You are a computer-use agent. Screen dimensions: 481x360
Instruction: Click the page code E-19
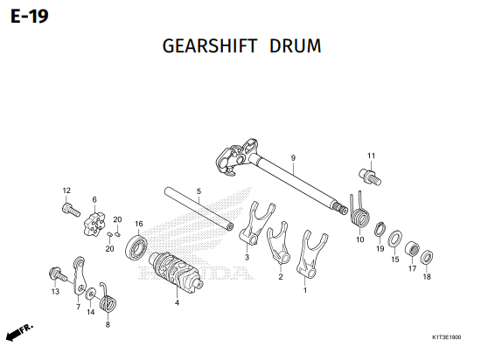30,17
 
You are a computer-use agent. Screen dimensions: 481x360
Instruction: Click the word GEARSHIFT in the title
210,46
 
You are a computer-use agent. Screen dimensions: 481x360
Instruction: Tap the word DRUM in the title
296,46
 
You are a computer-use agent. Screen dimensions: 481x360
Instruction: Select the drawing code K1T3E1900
446,337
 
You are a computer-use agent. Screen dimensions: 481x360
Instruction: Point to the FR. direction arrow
19,332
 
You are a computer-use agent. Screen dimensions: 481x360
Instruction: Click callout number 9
293,158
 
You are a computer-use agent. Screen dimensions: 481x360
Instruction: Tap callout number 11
371,156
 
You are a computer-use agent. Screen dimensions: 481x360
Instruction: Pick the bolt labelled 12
71,211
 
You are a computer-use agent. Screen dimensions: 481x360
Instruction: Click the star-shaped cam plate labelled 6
94,225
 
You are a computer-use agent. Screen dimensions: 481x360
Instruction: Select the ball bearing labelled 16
136,247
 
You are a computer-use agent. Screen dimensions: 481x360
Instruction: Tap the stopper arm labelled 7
80,276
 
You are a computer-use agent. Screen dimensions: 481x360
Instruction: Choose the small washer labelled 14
90,294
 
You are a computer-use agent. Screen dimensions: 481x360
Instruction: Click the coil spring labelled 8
108,301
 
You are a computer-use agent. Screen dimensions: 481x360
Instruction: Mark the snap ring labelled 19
380,229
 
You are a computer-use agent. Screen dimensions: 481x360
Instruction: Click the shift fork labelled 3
255,223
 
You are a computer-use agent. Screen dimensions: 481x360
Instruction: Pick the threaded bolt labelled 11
370,177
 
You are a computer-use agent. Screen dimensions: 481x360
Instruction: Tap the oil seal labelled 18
427,258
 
